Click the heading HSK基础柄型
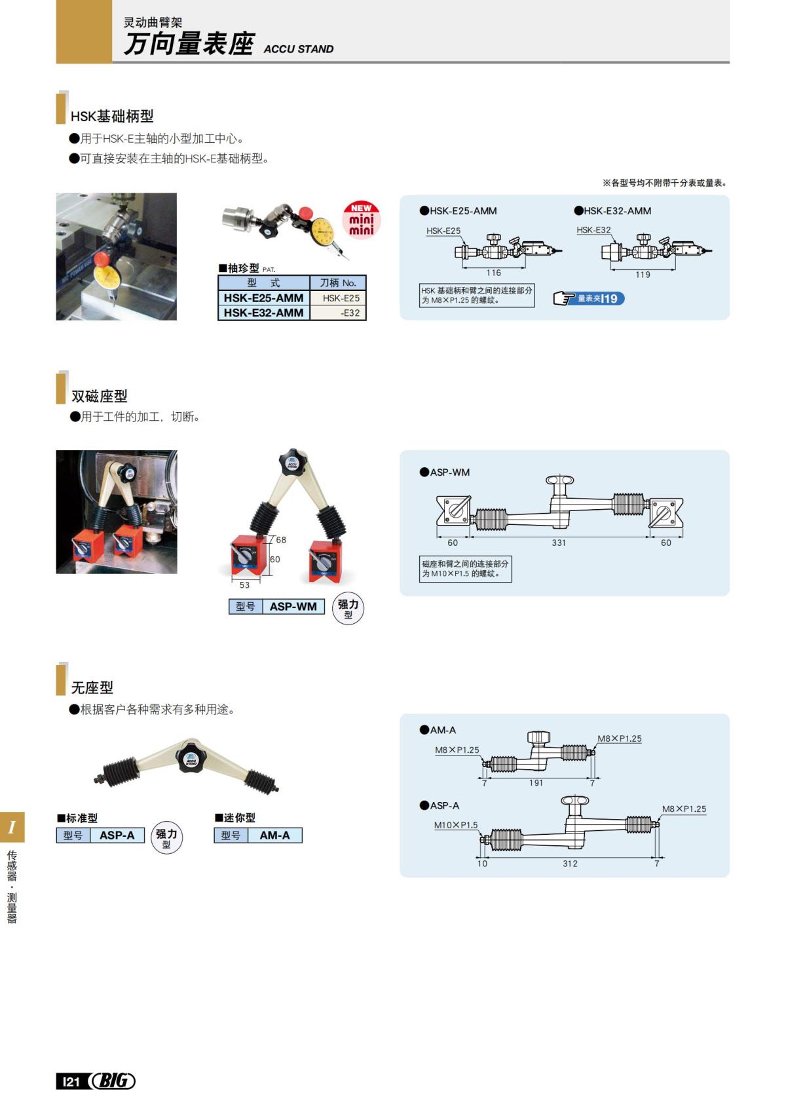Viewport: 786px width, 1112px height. pos(112,116)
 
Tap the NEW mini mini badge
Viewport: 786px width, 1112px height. pos(361,220)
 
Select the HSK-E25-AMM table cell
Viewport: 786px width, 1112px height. pos(263,297)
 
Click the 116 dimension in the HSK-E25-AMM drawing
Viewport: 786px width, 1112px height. pos(493,273)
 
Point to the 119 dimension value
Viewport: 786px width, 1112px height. pos(643,275)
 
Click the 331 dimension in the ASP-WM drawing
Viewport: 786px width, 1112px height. pos(559,543)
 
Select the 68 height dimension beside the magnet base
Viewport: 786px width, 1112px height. pos(281,540)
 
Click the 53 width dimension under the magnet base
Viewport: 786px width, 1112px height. pos(244,585)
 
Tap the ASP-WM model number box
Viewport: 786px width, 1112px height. pos(293,607)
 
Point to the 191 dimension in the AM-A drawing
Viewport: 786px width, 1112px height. pos(536,783)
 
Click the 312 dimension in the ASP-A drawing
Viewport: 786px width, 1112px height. pos(570,864)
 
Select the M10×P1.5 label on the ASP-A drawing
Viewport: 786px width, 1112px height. pos(456,825)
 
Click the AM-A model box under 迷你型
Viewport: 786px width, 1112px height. pos(274,835)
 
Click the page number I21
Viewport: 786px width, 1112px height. pos(70,1081)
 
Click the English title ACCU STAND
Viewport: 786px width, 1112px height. pos(299,49)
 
